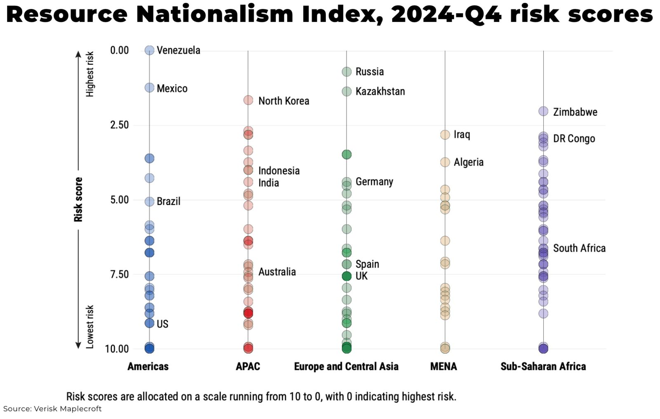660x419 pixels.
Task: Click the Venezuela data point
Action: pos(149,50)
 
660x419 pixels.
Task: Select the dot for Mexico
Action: pos(149,88)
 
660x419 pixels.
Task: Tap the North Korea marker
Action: pos(248,100)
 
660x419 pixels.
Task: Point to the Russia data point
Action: pos(346,72)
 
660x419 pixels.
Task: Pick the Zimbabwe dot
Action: pos(543,111)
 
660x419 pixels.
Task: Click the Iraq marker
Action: pos(445,135)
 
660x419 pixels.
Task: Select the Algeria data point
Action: pos(445,162)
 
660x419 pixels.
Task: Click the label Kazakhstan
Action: pos(380,92)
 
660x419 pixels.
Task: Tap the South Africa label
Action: pos(579,248)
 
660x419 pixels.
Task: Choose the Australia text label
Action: pos(277,272)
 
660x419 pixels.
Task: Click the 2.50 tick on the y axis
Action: pos(119,125)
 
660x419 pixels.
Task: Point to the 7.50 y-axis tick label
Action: pos(119,274)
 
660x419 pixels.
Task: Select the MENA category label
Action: pos(443,366)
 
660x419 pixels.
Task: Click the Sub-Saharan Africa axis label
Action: pos(543,366)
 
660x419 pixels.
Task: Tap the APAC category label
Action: pos(247,366)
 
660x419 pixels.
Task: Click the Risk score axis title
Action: pos(78,200)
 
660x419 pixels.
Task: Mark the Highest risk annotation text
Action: pos(90,74)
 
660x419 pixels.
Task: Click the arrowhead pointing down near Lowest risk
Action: pos(78,345)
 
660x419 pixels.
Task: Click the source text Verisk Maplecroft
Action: pos(68,409)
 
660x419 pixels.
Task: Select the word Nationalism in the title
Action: pos(214,15)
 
